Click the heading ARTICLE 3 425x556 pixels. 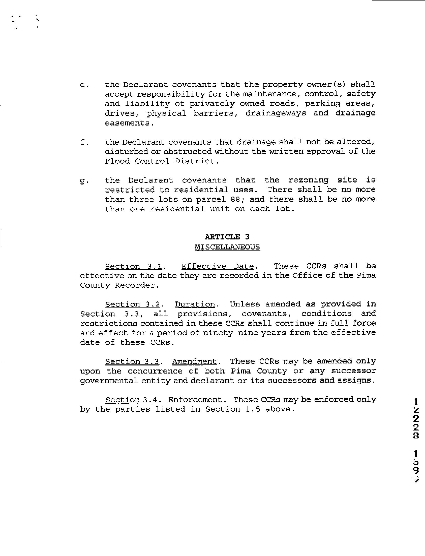click(227, 237)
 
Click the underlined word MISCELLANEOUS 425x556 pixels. click(227, 247)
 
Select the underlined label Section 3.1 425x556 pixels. click(133, 266)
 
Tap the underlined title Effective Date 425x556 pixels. click(218, 266)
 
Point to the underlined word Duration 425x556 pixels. click(195, 304)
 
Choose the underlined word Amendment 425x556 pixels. click(194, 361)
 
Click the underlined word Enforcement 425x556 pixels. click(195, 400)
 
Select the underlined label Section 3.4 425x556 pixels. click(131, 400)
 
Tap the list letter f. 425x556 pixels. click(84, 142)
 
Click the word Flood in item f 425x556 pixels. click(117, 161)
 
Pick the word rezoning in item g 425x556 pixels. click(308, 180)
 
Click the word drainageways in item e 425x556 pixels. click(276, 113)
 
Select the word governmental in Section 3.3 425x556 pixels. click(109, 381)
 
